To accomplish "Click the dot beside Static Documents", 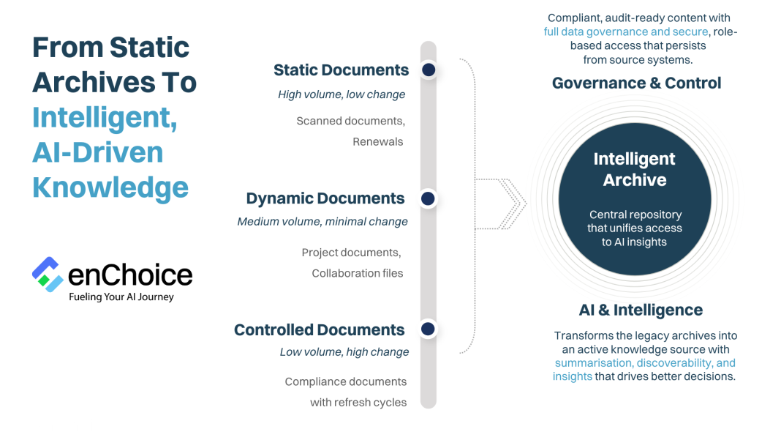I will tap(429, 70).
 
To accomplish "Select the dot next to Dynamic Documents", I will tap(429, 198).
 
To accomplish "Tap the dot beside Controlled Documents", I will tap(429, 329).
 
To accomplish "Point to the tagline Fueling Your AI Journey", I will tap(121, 297).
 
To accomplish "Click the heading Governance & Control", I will tap(636, 83).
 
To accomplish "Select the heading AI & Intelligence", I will tap(641, 310).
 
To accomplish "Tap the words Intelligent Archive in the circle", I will tap(634, 169).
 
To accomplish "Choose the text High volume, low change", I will tap(342, 94).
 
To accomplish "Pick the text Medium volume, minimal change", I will tap(322, 222).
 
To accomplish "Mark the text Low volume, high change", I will tap(344, 352).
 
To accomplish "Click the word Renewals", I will tap(377, 141).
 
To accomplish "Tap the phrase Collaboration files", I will tap(358, 273).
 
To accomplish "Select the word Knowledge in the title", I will tap(110, 187).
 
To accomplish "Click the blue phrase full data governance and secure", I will tap(626, 31).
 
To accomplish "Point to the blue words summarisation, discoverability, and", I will tap(645, 363).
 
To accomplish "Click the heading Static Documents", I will tap(341, 70).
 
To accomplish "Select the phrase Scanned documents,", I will tap(350, 121).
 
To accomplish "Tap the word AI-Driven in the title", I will tap(97, 152).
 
